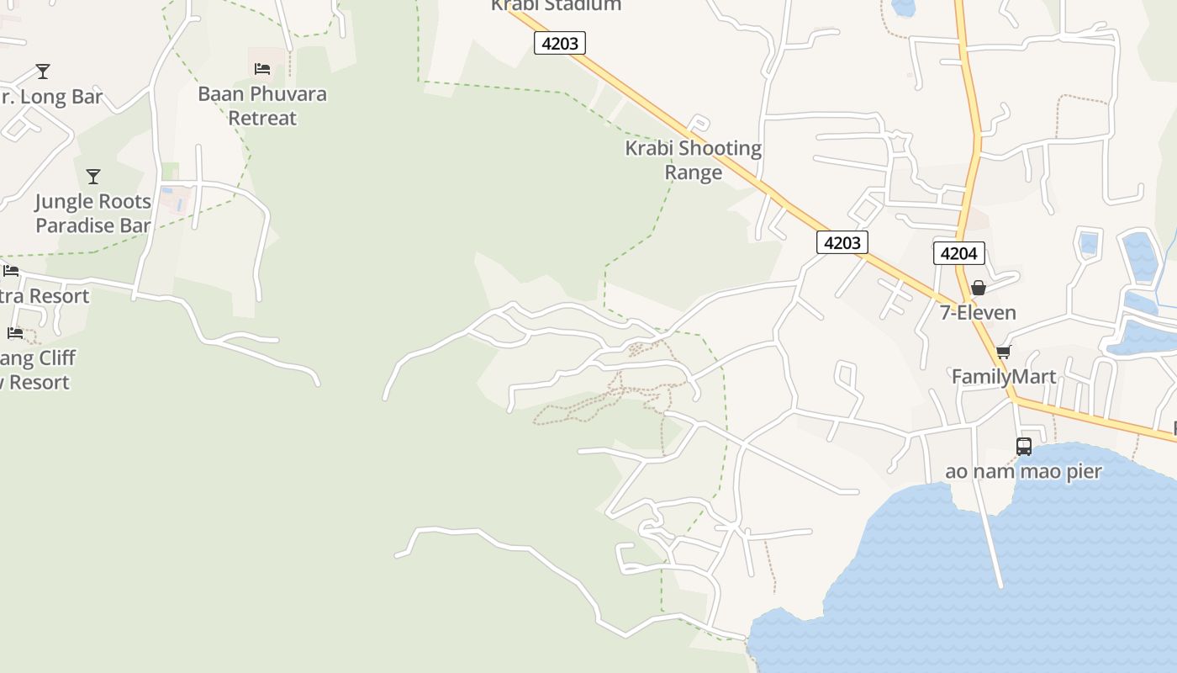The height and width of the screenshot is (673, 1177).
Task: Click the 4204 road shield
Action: pyautogui.click(x=958, y=253)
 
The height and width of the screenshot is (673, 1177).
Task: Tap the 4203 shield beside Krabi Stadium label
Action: pyautogui.click(x=560, y=43)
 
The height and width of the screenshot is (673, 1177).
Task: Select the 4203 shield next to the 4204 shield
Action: pyautogui.click(x=842, y=242)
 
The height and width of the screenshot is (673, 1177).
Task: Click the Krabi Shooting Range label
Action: pyautogui.click(x=693, y=160)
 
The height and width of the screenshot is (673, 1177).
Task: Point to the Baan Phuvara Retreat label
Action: pyautogui.click(x=262, y=105)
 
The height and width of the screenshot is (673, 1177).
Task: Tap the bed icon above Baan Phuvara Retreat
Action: pyautogui.click(x=262, y=68)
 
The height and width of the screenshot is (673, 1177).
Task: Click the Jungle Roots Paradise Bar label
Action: pyautogui.click(x=92, y=213)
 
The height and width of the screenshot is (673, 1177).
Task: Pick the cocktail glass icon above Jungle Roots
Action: pyautogui.click(x=93, y=177)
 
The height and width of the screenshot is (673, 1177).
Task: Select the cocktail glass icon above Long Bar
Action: pyautogui.click(x=43, y=72)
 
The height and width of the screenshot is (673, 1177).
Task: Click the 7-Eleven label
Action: pyautogui.click(x=978, y=313)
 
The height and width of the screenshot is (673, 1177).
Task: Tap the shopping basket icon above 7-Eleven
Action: pyautogui.click(x=978, y=288)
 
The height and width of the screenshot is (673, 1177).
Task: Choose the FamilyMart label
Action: pyautogui.click(x=1003, y=376)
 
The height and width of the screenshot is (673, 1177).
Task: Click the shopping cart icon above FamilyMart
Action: pyautogui.click(x=1003, y=352)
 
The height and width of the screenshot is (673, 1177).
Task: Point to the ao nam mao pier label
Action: pyautogui.click(x=1023, y=471)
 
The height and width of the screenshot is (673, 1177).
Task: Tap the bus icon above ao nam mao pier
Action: pyautogui.click(x=1023, y=447)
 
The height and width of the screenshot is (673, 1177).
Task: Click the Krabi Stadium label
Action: pyautogui.click(x=556, y=5)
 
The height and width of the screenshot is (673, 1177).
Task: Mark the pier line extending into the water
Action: pyautogui.click(x=989, y=538)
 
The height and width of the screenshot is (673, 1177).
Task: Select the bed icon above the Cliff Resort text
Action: pyautogui.click(x=14, y=333)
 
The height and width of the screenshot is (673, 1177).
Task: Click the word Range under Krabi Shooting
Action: pyautogui.click(x=693, y=172)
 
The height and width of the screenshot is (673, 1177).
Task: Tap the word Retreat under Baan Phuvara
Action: pyautogui.click(x=262, y=118)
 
